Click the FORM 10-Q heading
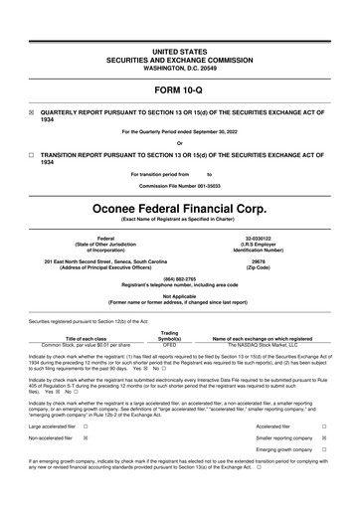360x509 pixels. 179,88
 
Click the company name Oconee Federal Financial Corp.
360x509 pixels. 179,211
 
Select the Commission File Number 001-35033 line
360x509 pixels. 179,186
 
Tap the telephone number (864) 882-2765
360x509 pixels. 179,279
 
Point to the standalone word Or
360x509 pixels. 179,144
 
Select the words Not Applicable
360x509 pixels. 179,295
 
